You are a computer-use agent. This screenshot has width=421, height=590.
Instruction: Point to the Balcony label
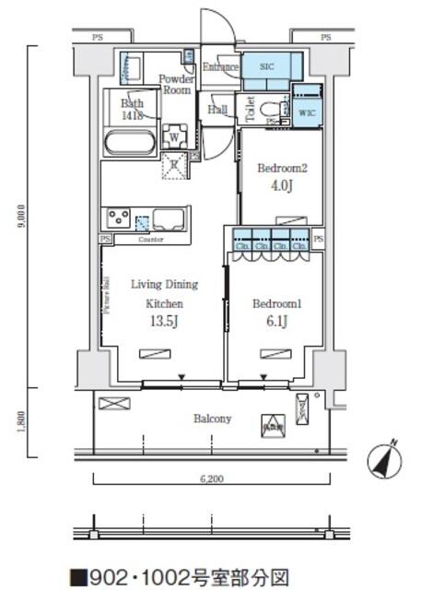(x=212, y=419)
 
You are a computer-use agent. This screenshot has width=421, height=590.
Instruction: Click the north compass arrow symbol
(x=386, y=459)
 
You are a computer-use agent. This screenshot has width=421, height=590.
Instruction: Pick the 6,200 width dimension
(x=212, y=479)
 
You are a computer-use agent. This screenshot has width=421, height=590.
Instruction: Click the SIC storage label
(x=267, y=67)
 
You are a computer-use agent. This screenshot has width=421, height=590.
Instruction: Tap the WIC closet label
(x=308, y=112)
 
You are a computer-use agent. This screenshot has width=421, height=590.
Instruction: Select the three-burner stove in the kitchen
(x=119, y=219)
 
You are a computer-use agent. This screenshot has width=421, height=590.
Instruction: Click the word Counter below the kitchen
(x=151, y=240)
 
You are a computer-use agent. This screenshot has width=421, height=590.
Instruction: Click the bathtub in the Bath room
(x=128, y=143)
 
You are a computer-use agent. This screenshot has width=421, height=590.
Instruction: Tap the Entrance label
(x=221, y=67)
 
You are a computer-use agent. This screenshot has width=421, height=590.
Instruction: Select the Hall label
(x=218, y=111)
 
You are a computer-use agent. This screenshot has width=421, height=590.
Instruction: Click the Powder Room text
(x=176, y=85)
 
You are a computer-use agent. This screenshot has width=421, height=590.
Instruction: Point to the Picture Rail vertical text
(x=107, y=295)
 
